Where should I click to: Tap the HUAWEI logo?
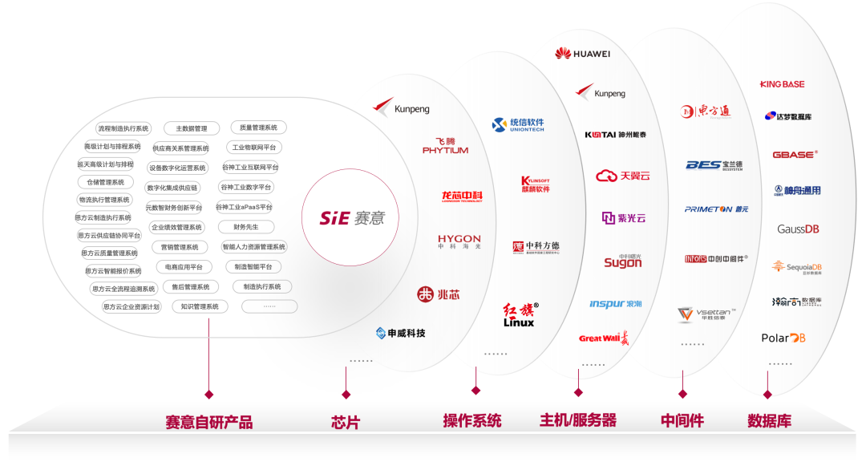tap(583, 54)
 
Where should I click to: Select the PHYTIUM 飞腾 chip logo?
tap(445, 146)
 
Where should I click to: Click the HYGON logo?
tap(459, 241)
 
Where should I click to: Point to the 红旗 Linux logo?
tap(520, 314)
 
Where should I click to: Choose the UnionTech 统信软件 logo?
tap(518, 124)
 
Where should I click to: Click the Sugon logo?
tap(623, 261)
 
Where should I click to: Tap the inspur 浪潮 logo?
tap(616, 304)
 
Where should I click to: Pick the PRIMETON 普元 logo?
tap(716, 209)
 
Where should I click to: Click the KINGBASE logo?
tap(782, 84)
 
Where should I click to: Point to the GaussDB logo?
tap(798, 229)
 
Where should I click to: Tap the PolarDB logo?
tap(783, 338)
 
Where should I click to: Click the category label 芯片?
tap(346, 421)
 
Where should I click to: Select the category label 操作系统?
tap(472, 420)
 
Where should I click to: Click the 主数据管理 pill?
tap(192, 128)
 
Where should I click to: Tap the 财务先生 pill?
tap(245, 227)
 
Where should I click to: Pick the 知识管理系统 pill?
tap(200, 306)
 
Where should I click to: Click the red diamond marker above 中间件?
tap(682, 394)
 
